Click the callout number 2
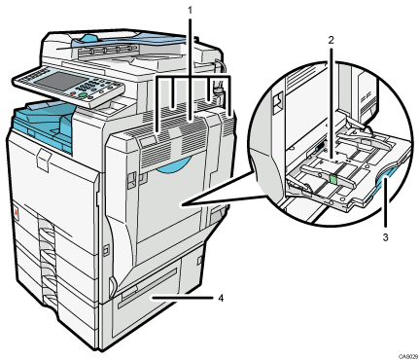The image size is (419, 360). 331,41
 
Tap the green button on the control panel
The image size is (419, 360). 96,98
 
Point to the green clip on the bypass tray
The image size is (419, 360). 334,179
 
